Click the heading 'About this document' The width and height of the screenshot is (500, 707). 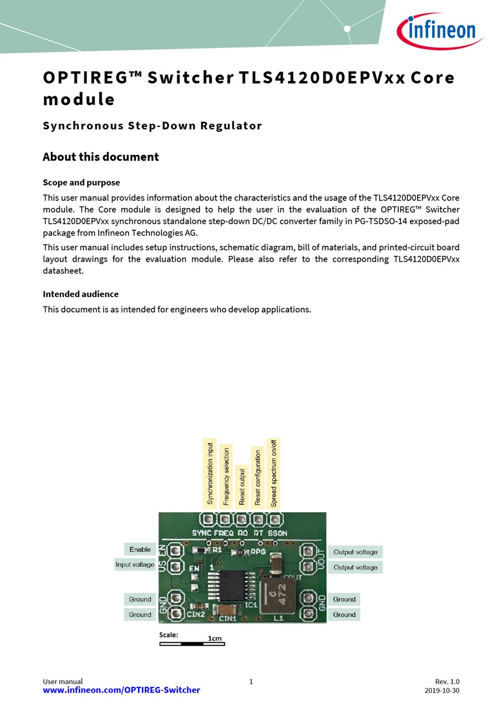pos(101,157)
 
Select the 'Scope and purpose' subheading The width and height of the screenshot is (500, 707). pos(81,182)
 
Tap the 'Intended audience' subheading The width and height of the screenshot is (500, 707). pos(81,294)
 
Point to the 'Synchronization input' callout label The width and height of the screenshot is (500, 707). pos(210,473)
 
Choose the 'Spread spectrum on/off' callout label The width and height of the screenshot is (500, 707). pos(273,473)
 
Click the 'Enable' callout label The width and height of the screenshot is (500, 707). pos(140,550)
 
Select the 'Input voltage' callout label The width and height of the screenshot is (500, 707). pos(135,564)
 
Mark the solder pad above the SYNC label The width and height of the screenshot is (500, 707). pos(208,520)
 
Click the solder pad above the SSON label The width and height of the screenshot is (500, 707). pos(275,520)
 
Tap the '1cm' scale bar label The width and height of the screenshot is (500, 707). pos(214,639)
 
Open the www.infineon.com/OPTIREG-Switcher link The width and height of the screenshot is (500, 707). pos(122,690)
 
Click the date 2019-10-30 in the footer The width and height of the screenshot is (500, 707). pos(441,690)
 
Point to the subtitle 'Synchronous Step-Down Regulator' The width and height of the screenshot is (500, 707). pos(152,125)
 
